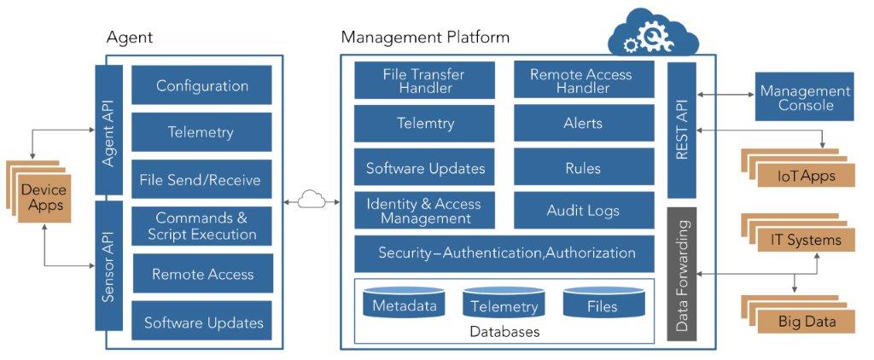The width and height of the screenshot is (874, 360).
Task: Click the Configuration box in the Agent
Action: (x=202, y=85)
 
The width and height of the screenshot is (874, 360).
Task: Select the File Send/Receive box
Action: (x=202, y=180)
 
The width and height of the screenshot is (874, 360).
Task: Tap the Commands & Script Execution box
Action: (x=202, y=226)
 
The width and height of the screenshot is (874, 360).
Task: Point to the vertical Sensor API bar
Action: (x=108, y=265)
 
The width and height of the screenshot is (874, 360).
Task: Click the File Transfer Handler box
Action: (x=425, y=80)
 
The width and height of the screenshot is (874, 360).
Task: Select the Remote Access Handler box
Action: (x=583, y=80)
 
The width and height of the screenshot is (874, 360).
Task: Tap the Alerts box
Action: (x=583, y=124)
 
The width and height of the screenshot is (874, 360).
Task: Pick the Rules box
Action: (x=583, y=167)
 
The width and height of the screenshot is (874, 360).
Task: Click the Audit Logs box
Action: (x=583, y=211)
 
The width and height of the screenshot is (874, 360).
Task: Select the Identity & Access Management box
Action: (x=425, y=211)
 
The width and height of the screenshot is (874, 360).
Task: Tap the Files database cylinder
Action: (x=603, y=305)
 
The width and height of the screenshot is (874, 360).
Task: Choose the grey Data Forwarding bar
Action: (x=682, y=272)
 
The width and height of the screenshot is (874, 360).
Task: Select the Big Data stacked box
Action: (x=806, y=322)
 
